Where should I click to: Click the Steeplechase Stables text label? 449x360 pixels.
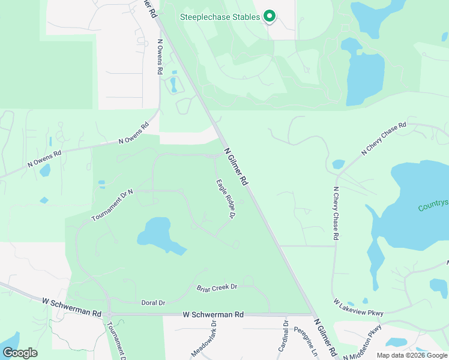point(220,17)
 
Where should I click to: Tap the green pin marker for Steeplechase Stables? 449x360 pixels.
point(270,16)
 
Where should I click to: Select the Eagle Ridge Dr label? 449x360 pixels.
point(224,199)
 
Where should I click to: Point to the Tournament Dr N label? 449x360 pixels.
point(112,205)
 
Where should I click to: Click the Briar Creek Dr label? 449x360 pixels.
point(217,287)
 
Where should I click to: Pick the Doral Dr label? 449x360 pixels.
point(153,302)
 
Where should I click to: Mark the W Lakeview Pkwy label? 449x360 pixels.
point(358,307)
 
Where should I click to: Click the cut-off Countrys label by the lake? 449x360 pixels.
point(433,206)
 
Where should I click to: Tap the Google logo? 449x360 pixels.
point(20,353)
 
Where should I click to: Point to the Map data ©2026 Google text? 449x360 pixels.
point(411,355)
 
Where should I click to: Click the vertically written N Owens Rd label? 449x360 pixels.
point(160,57)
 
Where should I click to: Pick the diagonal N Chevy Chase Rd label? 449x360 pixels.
point(384,139)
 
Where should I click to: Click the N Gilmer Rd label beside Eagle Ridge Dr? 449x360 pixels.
point(236,166)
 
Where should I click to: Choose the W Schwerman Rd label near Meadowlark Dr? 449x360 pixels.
point(213,314)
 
